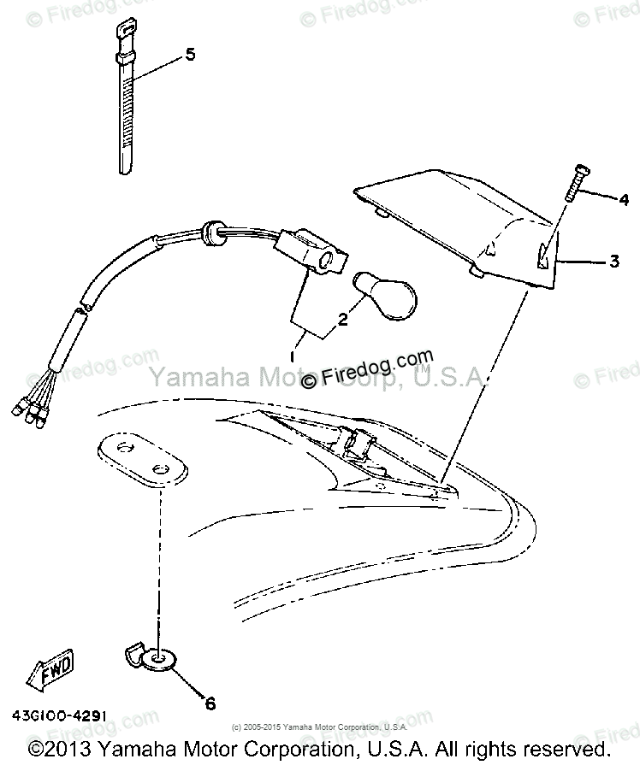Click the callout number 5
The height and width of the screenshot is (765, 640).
(190, 54)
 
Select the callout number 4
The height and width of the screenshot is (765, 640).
(624, 202)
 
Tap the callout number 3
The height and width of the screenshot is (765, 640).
(613, 262)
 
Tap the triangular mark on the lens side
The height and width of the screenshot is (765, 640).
(542, 256)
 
